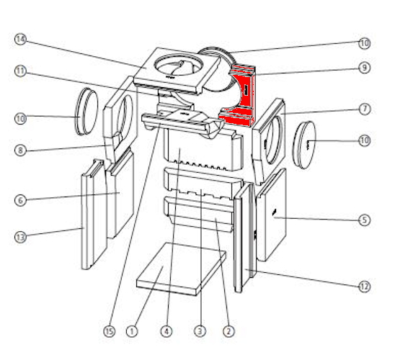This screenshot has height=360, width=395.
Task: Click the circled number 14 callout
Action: click(x=20, y=40)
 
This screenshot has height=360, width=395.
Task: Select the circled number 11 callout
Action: click(x=20, y=71)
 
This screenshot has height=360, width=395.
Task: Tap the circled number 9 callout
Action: click(x=365, y=68)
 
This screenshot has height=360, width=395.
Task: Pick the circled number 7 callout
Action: click(x=365, y=109)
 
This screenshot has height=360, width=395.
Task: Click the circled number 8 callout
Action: click(x=20, y=150)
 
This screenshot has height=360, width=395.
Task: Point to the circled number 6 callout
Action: click(x=20, y=200)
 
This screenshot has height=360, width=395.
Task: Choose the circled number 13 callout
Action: click(x=20, y=237)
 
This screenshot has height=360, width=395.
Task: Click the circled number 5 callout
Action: click(x=365, y=220)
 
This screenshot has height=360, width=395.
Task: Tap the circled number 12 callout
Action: click(x=365, y=287)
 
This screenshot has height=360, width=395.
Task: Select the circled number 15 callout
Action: click(x=109, y=331)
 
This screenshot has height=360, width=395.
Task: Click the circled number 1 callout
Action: click(x=132, y=331)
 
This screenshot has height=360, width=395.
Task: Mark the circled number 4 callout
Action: click(x=167, y=331)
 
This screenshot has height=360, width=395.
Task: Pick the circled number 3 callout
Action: click(x=200, y=331)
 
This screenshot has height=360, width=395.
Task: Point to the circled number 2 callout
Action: click(x=228, y=331)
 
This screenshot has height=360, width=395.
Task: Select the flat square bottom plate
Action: click(x=182, y=268)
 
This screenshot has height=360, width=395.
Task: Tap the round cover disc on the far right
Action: click(x=305, y=145)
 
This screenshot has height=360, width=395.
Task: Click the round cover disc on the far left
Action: click(x=86, y=111)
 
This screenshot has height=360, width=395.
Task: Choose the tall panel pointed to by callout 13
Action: click(x=93, y=214)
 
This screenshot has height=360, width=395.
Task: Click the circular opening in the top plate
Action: click(x=179, y=66)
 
